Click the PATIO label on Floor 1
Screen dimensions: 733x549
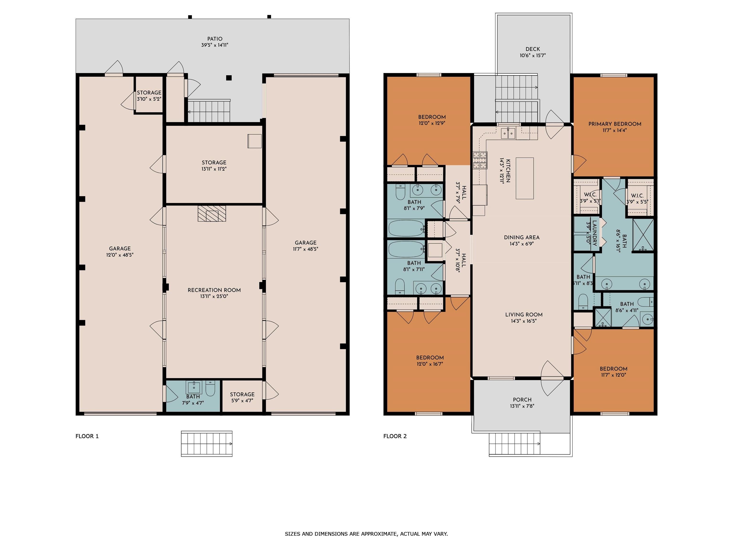215,39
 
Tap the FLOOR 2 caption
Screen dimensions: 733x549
395,436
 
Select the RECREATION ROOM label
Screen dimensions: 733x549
214,290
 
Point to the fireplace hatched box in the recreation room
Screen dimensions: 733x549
212,214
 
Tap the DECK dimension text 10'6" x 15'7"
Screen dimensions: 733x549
533,56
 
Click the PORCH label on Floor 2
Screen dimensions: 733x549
522,400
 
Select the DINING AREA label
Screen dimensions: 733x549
522,238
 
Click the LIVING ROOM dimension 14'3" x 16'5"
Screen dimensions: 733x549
524,321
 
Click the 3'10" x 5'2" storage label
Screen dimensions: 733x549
149,99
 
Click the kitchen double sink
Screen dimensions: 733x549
507,133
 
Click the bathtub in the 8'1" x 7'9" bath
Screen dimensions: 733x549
407,228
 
